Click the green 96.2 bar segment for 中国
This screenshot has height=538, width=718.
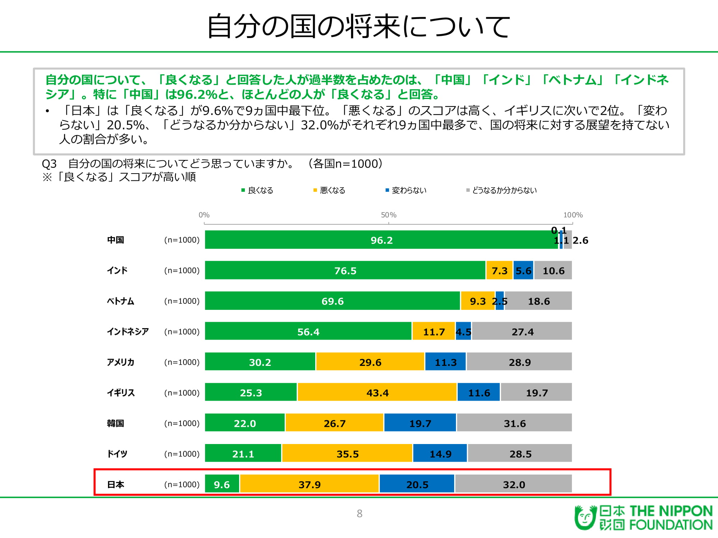(381, 240)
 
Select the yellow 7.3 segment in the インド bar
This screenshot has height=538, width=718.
(499, 270)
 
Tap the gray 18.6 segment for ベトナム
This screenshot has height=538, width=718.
(538, 301)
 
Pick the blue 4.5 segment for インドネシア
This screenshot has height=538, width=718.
(463, 331)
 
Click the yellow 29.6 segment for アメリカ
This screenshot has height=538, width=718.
(370, 362)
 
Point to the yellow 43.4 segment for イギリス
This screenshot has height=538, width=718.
(377, 392)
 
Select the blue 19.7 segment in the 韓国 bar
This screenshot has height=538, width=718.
(420, 423)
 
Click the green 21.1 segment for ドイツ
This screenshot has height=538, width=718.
(243, 453)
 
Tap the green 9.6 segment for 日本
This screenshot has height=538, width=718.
(222, 483)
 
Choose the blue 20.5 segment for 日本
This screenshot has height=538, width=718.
(417, 483)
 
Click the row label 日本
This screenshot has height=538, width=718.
(116, 485)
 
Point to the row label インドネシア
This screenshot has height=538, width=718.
(128, 331)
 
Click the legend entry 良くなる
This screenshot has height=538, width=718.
(257, 190)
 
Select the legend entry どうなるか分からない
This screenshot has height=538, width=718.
(502, 190)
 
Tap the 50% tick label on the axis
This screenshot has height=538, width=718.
(388, 215)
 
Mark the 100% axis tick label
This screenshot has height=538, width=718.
(573, 215)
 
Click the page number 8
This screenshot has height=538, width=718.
(359, 514)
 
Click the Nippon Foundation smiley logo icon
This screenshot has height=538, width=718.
(586, 517)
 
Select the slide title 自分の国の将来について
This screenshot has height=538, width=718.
(359, 26)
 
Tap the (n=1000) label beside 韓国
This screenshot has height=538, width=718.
(182, 423)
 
